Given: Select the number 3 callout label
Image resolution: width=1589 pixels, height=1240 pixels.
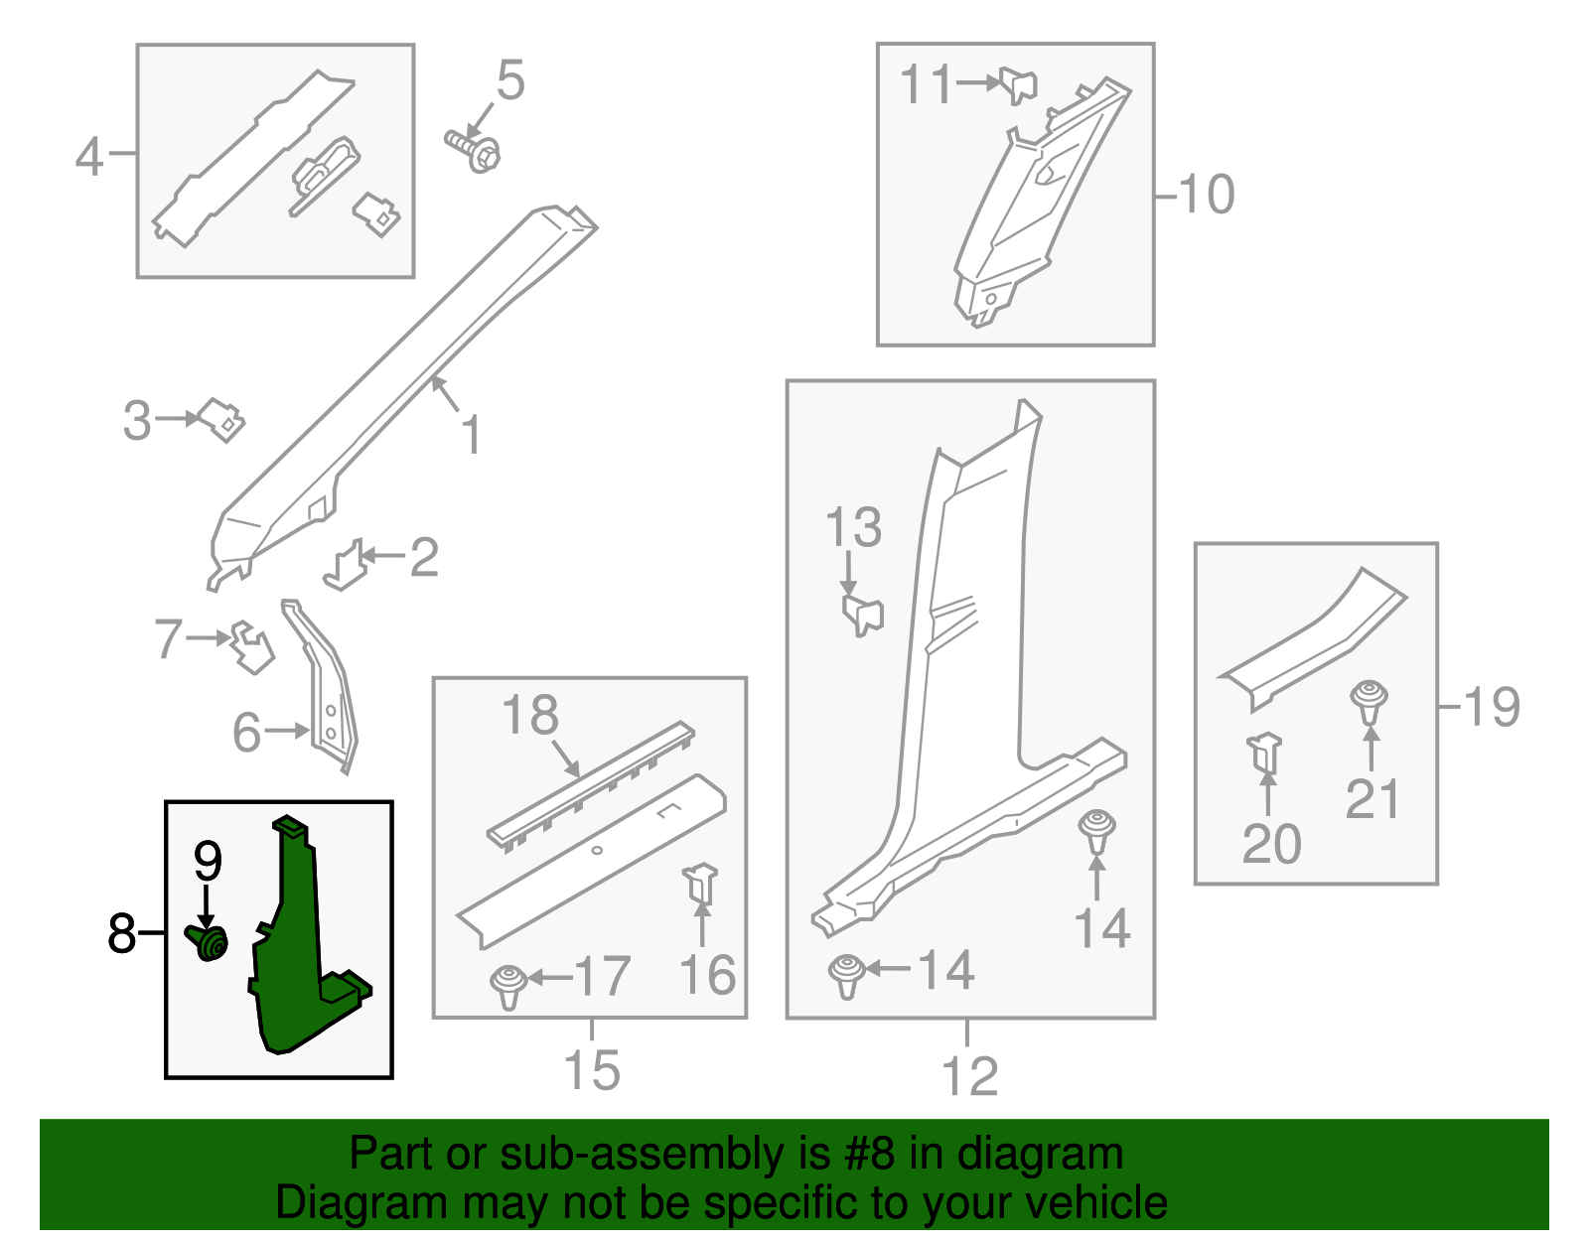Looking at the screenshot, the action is coord(137,421).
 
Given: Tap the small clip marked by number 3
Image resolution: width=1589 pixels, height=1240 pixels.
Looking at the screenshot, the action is coord(221,419).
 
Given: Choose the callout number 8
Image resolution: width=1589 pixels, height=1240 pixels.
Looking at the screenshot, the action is coord(121,933).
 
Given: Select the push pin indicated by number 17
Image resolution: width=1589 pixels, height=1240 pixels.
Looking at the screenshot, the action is coord(508,987).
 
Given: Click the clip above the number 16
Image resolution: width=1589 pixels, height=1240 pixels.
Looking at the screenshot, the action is coord(700,886).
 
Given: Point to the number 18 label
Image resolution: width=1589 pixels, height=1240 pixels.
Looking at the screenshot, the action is coord(530,715).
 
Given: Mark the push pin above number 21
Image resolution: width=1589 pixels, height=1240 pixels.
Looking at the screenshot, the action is coord(1369,702).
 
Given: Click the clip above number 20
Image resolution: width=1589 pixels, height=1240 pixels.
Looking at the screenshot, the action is coord(1264,754).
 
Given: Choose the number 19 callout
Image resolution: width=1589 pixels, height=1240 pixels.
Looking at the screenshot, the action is coord(1492,707).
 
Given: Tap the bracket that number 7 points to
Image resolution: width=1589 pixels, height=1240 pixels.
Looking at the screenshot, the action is coord(252,647).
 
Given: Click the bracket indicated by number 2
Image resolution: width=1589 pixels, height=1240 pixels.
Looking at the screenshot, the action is coord(346,566).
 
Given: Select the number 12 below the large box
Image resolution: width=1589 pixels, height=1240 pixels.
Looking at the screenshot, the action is coord(969,1076).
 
